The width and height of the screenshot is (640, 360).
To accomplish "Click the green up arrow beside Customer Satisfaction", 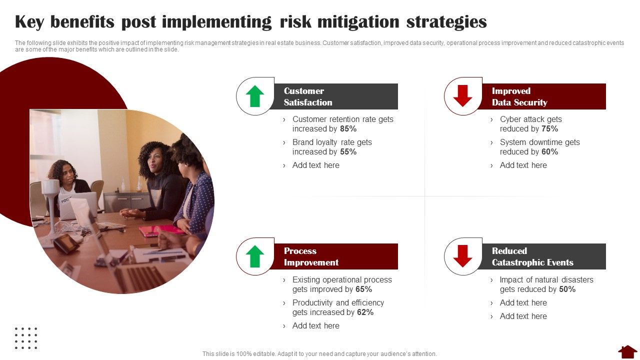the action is [x=255, y=96].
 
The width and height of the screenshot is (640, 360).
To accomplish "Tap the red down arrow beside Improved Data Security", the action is [x=462, y=96].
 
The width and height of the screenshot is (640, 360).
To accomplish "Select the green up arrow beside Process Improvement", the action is [x=255, y=256].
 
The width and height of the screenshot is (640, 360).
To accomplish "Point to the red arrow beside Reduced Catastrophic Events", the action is [x=462, y=256].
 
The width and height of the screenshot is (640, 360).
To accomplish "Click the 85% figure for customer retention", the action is [x=348, y=129].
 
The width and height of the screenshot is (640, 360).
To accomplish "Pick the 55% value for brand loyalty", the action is [x=348, y=151].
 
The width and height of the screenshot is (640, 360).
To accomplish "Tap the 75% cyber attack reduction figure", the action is [x=549, y=129].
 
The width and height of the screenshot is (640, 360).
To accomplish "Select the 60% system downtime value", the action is [x=549, y=151].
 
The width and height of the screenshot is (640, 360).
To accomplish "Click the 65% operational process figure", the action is [x=363, y=289].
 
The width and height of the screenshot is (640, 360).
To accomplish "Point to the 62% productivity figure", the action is [x=365, y=312].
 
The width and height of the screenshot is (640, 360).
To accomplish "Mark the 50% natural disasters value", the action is [x=567, y=289].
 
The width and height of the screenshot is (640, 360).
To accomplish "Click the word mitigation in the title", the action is [x=358, y=22].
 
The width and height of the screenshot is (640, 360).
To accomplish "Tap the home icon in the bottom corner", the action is [x=627, y=351].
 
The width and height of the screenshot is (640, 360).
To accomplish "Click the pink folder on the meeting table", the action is [x=161, y=230].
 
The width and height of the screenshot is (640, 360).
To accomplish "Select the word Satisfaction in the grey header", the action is [x=308, y=102].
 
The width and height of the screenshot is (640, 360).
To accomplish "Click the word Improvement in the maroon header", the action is [x=311, y=262].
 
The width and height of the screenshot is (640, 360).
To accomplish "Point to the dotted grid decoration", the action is [x=26, y=338].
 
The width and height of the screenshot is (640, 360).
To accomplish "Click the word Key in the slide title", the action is [x=29, y=22].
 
